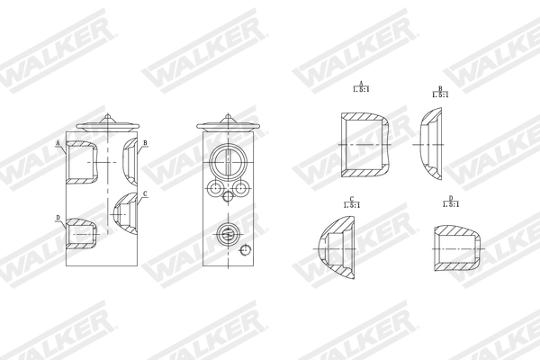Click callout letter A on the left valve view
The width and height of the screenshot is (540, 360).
coord(58,143)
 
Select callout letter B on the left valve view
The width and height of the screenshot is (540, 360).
coord(145,143)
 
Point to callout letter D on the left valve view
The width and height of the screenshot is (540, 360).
coord(58,218)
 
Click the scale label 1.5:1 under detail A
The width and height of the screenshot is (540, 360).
coord(360,90)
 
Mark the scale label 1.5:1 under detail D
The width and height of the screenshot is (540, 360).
coord(451,203)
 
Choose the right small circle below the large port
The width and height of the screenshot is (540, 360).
coord(240,187)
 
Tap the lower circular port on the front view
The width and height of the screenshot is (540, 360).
coord(228,235)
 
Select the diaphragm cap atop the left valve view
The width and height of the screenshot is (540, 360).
coord(107,126)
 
